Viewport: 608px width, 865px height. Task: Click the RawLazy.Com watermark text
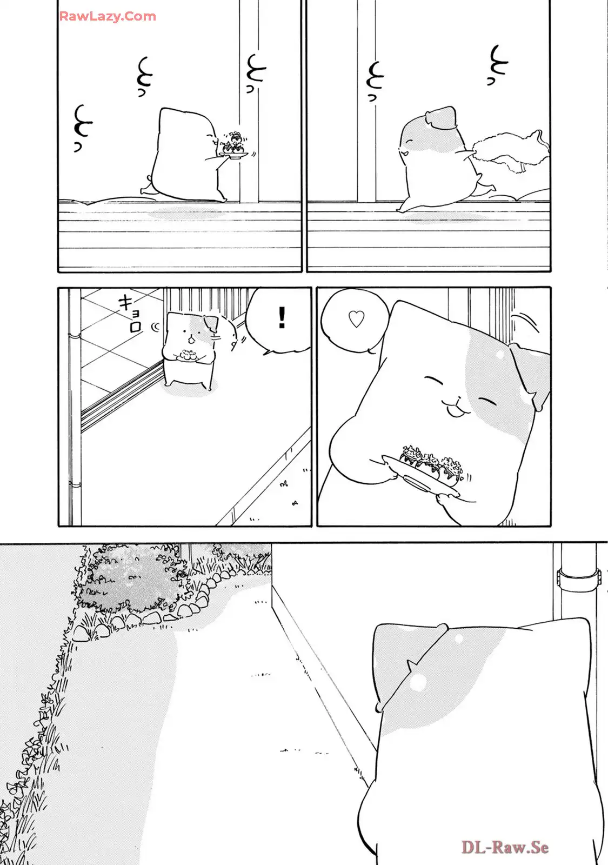(108, 16)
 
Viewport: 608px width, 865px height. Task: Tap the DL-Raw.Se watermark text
(505, 847)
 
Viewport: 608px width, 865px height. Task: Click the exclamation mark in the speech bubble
(281, 317)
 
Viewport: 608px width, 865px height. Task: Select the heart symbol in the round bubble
(356, 320)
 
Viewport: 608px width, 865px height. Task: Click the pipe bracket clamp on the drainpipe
(579, 582)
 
